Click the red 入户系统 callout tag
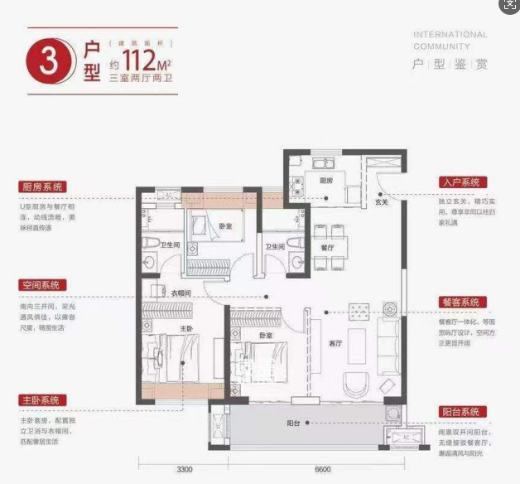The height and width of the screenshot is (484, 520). (x=461, y=182)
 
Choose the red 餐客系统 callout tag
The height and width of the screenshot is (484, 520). (x=461, y=302)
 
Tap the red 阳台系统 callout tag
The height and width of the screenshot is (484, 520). (x=461, y=412)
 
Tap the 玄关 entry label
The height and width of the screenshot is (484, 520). (x=382, y=201)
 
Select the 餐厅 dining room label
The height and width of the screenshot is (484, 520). (x=328, y=246)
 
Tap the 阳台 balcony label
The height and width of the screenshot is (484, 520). (x=294, y=423)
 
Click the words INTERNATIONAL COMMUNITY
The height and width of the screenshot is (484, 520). (x=450, y=41)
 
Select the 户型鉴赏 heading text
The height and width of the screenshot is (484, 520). (x=450, y=64)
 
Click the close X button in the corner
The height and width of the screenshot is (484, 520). (x=508, y=7)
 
